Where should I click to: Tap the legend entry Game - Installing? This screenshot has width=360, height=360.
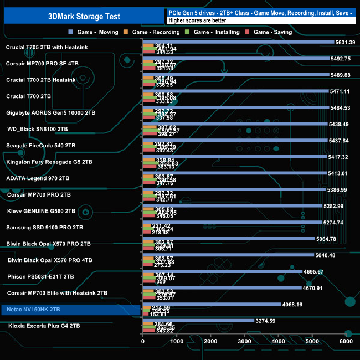[x=217, y=32]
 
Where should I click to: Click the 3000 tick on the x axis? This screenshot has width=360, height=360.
[x=245, y=342]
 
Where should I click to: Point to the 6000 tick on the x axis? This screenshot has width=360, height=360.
[x=346, y=342]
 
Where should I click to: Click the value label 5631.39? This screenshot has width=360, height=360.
[x=346, y=42]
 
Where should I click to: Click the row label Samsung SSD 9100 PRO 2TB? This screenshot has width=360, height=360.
[x=44, y=227]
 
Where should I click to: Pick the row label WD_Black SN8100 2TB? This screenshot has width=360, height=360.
[x=38, y=128]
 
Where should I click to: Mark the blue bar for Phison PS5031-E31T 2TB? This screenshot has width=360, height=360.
[x=222, y=271]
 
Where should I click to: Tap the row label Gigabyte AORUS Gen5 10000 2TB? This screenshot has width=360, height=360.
[x=50, y=112]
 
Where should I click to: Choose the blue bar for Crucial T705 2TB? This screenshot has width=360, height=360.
[x=238, y=42]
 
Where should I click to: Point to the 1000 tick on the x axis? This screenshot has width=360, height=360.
[x=177, y=342]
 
